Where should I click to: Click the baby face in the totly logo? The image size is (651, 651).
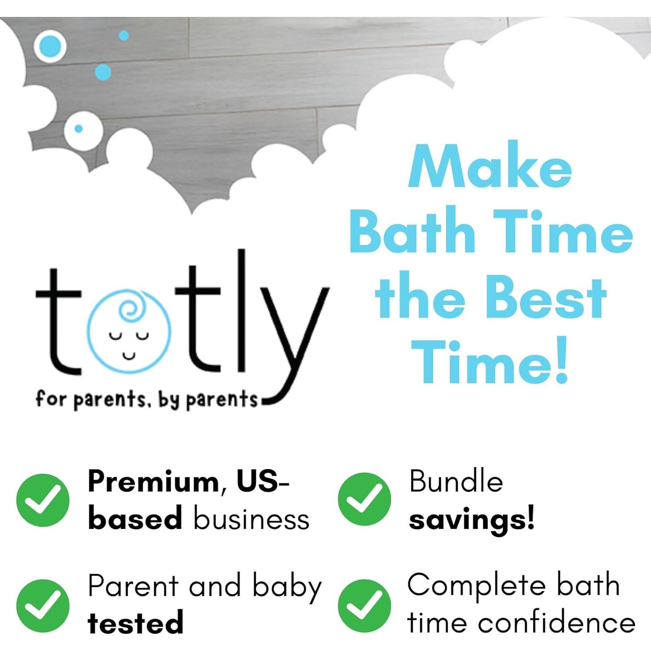129,330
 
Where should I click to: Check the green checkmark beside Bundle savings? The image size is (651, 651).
364,499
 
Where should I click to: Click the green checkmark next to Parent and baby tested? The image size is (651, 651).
43,605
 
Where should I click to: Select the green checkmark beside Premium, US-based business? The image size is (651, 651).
43,500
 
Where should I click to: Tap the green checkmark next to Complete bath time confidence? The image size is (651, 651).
364,605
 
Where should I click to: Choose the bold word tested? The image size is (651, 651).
135,623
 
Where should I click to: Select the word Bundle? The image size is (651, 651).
456,482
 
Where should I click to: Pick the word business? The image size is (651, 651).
251,519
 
